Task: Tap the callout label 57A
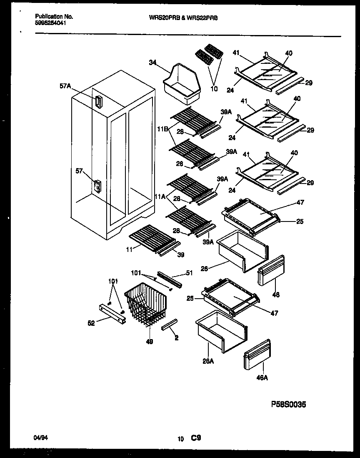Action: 65,86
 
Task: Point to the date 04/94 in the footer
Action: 40,438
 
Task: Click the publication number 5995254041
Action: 50,23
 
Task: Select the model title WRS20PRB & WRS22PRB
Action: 183,18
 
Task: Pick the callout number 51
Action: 189,273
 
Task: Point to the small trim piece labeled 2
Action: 170,324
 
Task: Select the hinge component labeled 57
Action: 98,186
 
